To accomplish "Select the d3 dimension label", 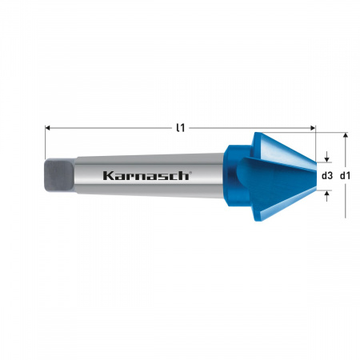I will point(326,175).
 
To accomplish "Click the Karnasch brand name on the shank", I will point(146,175).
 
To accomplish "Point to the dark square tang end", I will point(58,174).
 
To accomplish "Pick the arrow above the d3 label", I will point(326,158).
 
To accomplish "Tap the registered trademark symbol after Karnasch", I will point(190,171).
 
